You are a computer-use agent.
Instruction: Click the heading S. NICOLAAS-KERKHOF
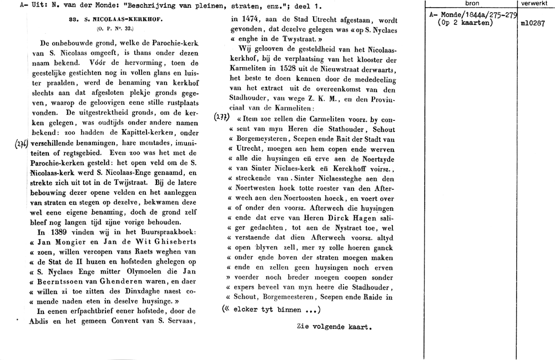pyautogui.click(x=121, y=18)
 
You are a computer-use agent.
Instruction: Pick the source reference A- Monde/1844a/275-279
pyautogui.click(x=473, y=15)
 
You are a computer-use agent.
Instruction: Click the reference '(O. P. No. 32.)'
pyautogui.click(x=115, y=28)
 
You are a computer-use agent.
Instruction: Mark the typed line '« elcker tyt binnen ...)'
pyautogui.click(x=272, y=310)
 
